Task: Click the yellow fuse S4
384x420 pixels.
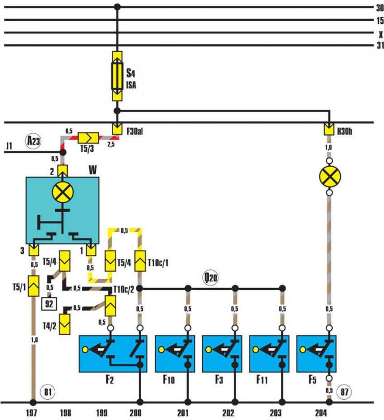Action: coord(117,76)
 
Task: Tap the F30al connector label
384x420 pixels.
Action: coord(134,131)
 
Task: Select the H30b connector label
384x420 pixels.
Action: coord(344,131)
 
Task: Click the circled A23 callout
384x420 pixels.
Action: coord(34,141)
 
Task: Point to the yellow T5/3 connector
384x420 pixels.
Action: coord(89,138)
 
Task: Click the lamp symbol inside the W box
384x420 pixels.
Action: coord(63,192)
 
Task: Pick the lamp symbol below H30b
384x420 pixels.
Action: coord(330,177)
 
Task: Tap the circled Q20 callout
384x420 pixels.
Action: coord(210,278)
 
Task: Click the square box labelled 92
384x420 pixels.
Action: coord(49,304)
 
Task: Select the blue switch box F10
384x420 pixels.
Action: coord(175,354)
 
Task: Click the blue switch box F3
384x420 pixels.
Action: coord(222,354)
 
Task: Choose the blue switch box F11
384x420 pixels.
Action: coord(269,354)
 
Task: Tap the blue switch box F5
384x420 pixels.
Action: coord(316,354)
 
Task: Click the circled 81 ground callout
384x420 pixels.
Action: coord(47,392)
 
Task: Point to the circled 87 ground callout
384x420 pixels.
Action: coord(344,392)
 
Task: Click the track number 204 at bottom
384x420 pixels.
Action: coord(321,413)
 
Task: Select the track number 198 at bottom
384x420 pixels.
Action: coord(65,413)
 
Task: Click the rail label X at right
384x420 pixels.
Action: coord(380,35)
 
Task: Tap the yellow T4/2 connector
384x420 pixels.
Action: coord(65,324)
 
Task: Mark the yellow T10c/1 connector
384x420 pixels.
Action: coord(140,261)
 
